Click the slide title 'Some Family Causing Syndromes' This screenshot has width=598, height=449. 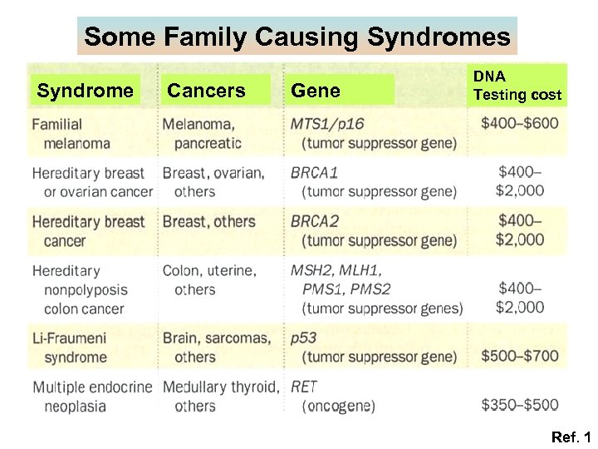(297, 37)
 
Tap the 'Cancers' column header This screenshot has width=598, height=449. (207, 91)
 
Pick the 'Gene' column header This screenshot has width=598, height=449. (316, 91)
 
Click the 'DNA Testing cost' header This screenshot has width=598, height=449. (517, 86)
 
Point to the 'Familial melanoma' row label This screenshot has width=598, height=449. (71, 133)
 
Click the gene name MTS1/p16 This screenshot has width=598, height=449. (327, 124)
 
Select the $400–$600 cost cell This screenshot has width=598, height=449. (520, 124)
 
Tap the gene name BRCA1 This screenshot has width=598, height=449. (315, 173)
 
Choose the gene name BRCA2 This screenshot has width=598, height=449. (315, 222)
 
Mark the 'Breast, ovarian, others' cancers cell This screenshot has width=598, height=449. (213, 182)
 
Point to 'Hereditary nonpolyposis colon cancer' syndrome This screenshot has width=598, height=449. (80, 289)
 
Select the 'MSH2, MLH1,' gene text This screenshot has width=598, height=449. (336, 271)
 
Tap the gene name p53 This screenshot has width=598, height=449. (303, 338)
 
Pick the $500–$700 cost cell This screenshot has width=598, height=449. (520, 356)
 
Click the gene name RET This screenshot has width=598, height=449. (304, 387)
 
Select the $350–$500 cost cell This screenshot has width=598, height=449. (520, 405)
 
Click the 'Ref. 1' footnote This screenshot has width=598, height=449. (570, 437)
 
